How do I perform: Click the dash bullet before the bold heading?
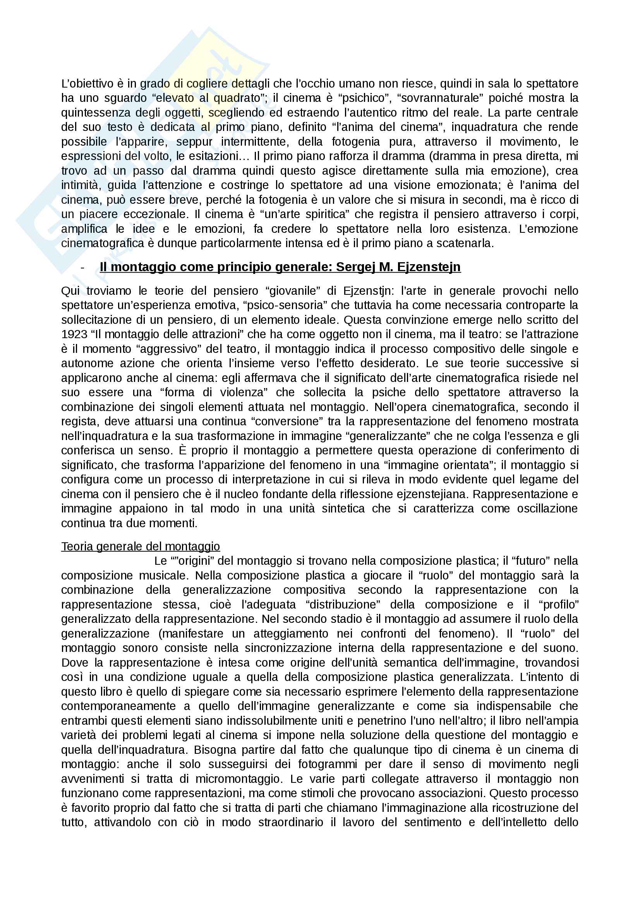pos(82,268)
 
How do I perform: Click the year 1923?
pos(74,334)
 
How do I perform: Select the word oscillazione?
pos(547,509)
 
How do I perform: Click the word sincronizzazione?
pos(290,648)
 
